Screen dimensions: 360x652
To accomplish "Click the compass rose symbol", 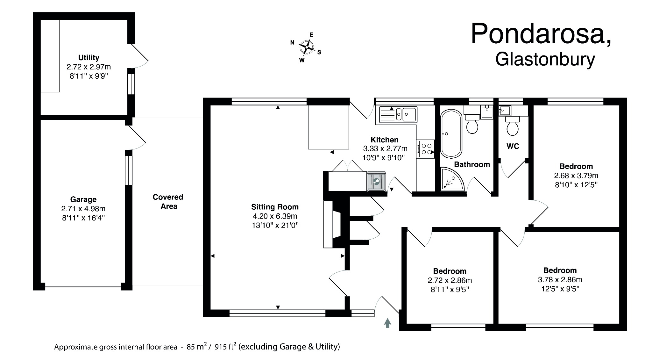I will tap(306, 47).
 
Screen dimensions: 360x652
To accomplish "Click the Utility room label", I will tap(89, 58).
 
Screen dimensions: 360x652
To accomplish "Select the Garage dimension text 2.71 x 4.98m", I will tap(83, 209).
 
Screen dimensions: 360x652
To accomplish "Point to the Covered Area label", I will tap(168, 202).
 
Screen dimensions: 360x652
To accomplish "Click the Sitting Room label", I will tap(275, 207).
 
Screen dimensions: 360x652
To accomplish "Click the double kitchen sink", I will tap(398, 114).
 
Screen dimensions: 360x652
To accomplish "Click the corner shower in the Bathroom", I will tap(451, 180).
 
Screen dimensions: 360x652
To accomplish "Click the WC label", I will tap(513, 147).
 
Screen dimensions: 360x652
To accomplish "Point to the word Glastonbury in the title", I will tap(545, 60).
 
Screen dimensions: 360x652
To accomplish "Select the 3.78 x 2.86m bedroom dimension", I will tap(560, 280).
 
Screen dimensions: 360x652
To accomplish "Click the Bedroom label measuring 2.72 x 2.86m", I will tap(450, 271).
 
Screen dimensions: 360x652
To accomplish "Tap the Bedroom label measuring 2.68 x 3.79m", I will tap(576, 166).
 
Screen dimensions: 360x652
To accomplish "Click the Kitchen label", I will tap(384, 140).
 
